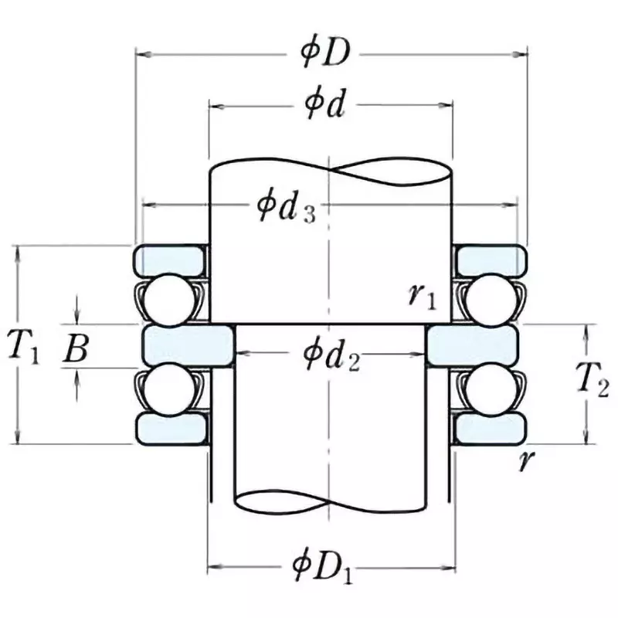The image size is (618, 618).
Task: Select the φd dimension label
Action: click(324, 107)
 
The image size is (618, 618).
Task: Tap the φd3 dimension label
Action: click(285, 208)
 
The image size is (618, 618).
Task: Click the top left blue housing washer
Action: click(170, 260)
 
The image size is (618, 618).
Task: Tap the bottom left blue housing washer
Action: click(170, 427)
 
